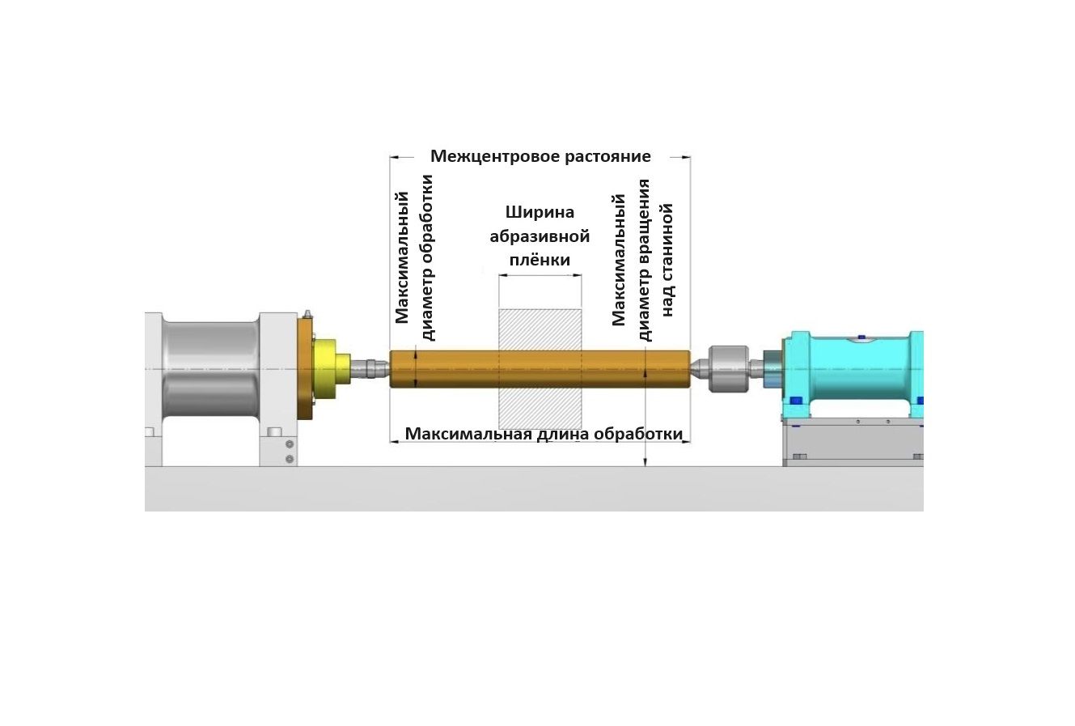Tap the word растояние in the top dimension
click(x=607, y=156)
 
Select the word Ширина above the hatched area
click(x=540, y=212)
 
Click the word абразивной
click(x=540, y=236)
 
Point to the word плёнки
click(x=540, y=261)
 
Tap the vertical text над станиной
click(x=667, y=261)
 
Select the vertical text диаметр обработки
click(x=426, y=258)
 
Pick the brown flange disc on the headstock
click(x=305, y=369)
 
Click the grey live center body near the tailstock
click(x=728, y=369)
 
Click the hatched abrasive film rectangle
click(x=540, y=369)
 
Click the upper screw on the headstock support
click(x=290, y=444)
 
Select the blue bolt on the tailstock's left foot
click(x=796, y=401)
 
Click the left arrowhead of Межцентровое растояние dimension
click(x=395, y=157)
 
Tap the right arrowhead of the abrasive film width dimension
click(x=578, y=276)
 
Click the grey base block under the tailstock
click(x=853, y=442)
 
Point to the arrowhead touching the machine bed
click(x=645, y=462)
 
